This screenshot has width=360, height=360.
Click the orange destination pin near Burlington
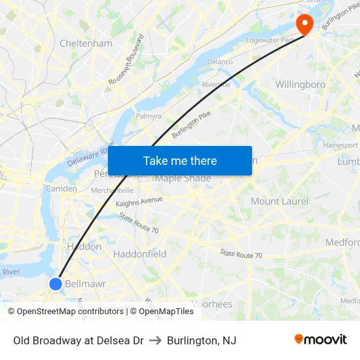(x=304, y=24)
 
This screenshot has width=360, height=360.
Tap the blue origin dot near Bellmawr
(x=56, y=283)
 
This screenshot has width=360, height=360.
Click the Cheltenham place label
(x=86, y=43)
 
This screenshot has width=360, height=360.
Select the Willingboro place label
(x=300, y=84)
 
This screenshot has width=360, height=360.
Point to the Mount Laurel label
(x=279, y=201)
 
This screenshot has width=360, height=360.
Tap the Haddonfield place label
(x=139, y=254)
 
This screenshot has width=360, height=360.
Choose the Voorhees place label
(x=211, y=304)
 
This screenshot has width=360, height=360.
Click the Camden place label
(x=61, y=189)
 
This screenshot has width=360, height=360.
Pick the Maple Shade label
(x=183, y=179)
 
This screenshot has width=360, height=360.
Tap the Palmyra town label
(x=148, y=116)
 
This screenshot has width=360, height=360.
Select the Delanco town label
(x=220, y=62)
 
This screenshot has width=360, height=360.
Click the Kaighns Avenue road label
(x=139, y=202)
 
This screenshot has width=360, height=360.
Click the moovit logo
(x=320, y=340)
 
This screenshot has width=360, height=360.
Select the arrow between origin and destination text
(x=155, y=340)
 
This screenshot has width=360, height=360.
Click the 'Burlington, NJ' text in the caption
(x=201, y=340)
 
